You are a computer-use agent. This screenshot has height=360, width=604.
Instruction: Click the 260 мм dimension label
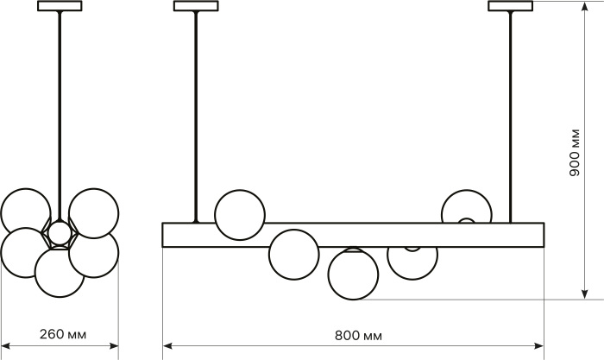point(63,334)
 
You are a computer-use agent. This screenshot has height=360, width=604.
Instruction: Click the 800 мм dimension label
point(358,336)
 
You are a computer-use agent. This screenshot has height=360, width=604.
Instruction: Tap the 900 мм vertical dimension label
point(575,152)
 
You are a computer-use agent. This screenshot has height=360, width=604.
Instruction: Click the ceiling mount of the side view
point(60,6)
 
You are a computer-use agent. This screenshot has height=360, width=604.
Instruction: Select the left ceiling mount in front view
point(196,6)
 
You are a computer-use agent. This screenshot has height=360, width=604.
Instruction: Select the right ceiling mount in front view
point(511,6)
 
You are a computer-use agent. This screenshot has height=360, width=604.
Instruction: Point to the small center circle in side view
point(60,232)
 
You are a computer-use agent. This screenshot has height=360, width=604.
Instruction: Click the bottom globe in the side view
point(60,273)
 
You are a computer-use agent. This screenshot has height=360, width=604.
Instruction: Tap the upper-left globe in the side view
point(25,213)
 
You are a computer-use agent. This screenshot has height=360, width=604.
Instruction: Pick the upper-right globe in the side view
point(93,213)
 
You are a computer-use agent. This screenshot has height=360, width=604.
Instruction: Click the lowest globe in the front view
point(353,274)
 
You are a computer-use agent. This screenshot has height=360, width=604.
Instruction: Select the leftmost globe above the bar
point(240,215)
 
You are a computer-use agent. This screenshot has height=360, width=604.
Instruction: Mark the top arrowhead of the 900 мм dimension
point(585,7)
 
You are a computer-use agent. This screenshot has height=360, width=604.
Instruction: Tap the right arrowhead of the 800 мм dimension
point(538,345)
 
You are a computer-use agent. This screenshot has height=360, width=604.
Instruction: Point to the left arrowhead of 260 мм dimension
point(7,345)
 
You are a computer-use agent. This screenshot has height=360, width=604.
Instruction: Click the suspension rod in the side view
point(60,116)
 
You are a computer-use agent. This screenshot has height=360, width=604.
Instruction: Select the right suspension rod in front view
point(511,117)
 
